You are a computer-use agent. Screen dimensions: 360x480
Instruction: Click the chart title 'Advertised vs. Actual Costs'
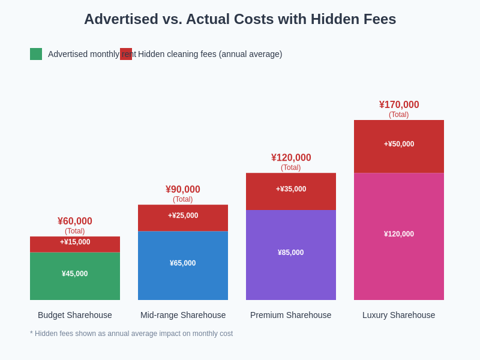coord(240,19)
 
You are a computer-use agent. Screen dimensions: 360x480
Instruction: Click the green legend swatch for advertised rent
coord(36,54)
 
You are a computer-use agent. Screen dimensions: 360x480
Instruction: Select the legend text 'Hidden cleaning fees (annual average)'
coord(210,54)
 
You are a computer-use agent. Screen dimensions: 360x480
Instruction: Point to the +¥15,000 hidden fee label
coord(75,242)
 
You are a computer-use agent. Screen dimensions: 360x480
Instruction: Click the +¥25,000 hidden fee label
coord(183,215)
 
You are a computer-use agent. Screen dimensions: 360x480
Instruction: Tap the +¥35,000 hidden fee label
coord(291,189)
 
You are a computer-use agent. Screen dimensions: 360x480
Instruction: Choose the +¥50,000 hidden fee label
coord(399,144)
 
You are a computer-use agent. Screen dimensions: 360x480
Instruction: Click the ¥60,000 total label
coord(75,221)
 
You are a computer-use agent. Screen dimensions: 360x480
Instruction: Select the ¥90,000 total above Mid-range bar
coord(183,190)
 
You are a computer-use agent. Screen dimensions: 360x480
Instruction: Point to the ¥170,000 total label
coord(399,105)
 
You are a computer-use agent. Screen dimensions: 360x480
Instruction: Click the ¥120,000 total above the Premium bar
coord(291,158)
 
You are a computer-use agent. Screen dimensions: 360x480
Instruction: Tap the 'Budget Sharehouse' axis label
coord(75,315)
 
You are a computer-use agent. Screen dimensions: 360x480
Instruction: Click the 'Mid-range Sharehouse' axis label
coord(183,315)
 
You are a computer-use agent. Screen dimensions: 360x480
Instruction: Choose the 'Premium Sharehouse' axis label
coord(291,315)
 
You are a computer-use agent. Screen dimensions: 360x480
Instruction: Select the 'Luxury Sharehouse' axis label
coord(399,315)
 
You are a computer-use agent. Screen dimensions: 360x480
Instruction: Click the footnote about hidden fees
coord(131,334)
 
